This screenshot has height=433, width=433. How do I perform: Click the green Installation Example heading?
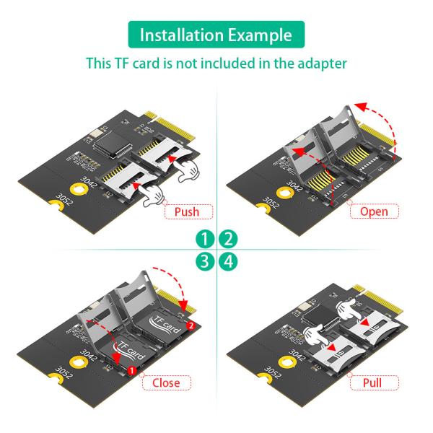pyautogui.click(x=216, y=35)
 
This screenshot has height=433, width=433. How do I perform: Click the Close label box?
pyautogui.click(x=166, y=382)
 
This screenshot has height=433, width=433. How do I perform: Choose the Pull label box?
pyautogui.click(x=373, y=382)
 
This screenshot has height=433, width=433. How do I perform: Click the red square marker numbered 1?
pyautogui.click(x=131, y=370)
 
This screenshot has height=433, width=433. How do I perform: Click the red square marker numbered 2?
pyautogui.click(x=189, y=326)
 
